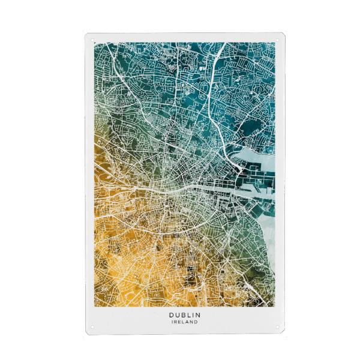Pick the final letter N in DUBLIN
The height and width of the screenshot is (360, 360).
pyautogui.click(x=198, y=314)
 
